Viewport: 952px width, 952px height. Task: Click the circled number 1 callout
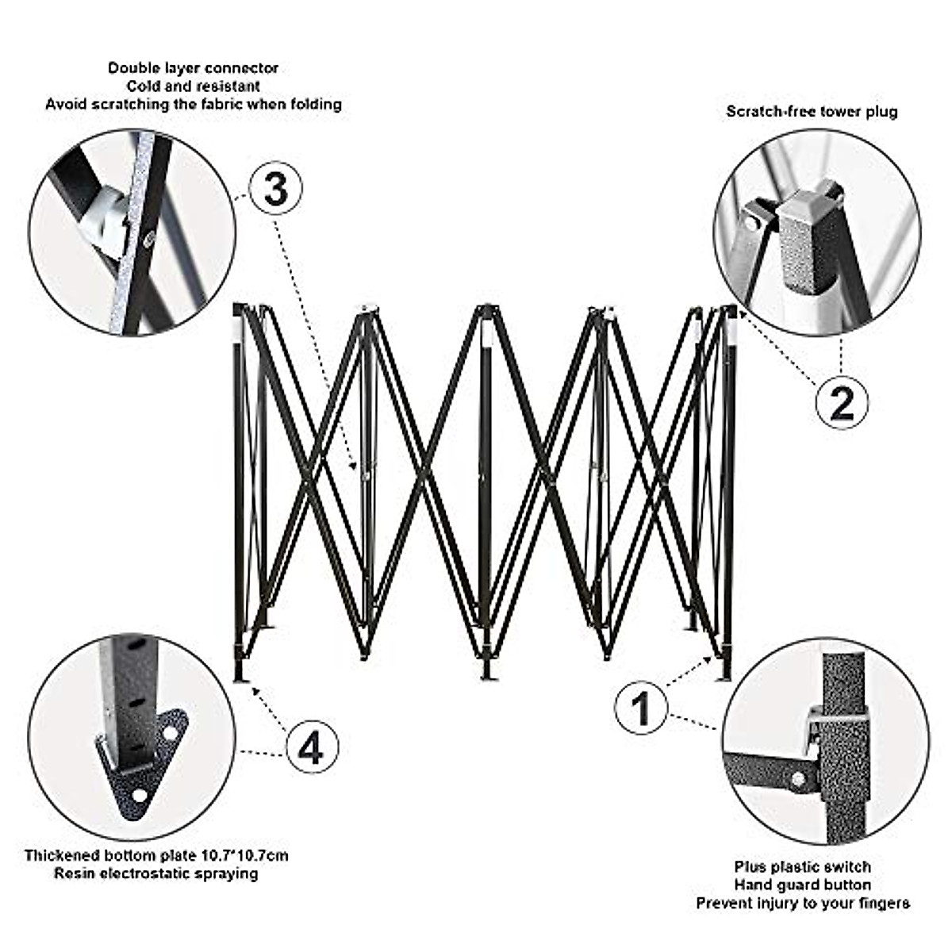pos(641,708)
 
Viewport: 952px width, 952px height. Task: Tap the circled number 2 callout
pos(841,402)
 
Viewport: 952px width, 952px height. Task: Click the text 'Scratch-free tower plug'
pos(812,111)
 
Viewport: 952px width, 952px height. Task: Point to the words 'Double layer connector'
pos(194,68)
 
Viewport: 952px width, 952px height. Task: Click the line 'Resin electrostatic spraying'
pos(156,873)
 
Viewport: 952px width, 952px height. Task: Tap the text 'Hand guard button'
pos(802,885)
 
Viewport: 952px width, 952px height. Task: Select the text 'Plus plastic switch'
pos(802,866)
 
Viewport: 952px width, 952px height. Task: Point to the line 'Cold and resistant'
pos(194,86)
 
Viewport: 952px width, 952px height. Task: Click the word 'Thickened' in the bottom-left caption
pos(63,855)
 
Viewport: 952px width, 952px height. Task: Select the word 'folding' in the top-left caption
pos(314,104)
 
